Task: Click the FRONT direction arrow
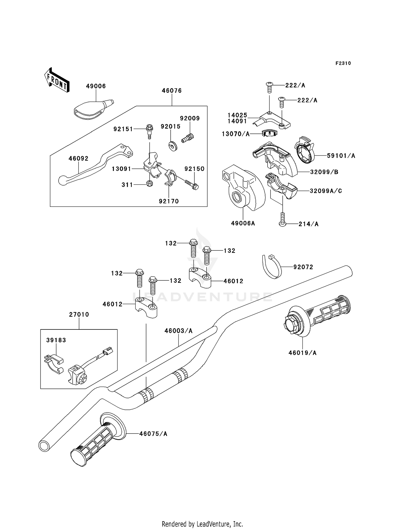(57, 80)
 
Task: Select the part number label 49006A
(243, 223)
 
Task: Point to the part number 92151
(123, 129)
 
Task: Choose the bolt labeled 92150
(192, 185)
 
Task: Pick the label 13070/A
(236, 134)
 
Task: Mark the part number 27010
(79, 314)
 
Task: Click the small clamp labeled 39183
(53, 364)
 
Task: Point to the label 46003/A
(178, 331)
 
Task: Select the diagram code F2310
(343, 63)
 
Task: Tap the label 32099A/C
(326, 191)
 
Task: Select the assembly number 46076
(172, 91)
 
